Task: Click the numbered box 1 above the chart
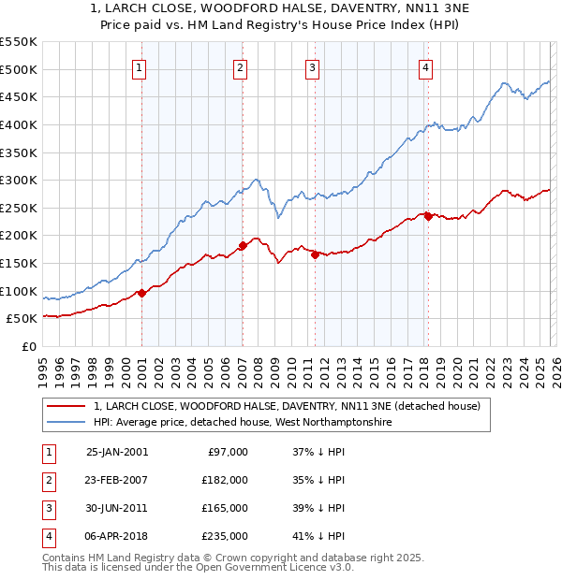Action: pyautogui.click(x=139, y=66)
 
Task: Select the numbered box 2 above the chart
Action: pyautogui.click(x=240, y=66)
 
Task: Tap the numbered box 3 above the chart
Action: pyautogui.click(x=312, y=66)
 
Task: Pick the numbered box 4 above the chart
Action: pyautogui.click(x=425, y=66)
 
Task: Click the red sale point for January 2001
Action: pyautogui.click(x=141, y=293)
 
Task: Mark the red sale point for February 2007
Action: pyautogui.click(x=243, y=246)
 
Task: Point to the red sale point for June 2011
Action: pyautogui.click(x=315, y=254)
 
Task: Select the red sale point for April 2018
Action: pyautogui.click(x=427, y=216)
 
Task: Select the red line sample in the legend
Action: pyautogui.click(x=67, y=406)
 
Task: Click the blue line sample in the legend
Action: pyautogui.click(x=67, y=423)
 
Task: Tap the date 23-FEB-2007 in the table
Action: pyautogui.click(x=116, y=479)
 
